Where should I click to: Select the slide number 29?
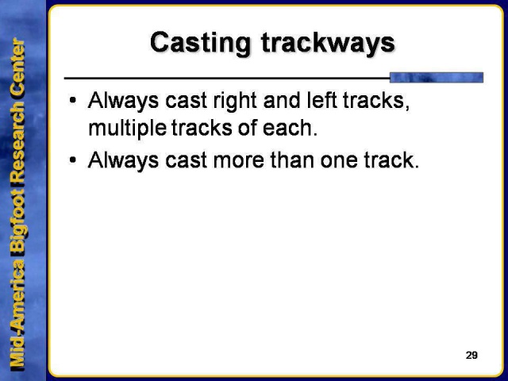[471, 355]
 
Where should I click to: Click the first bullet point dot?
[73, 102]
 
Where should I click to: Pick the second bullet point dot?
[73, 160]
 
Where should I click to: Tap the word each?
[294, 128]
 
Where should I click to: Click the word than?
[287, 160]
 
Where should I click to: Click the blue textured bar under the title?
[437, 77]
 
